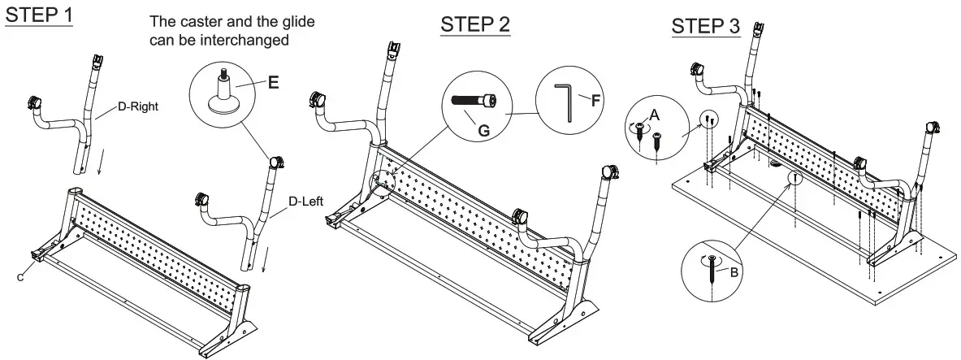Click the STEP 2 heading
click(475, 24)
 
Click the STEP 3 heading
click(705, 26)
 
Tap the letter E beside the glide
click(273, 82)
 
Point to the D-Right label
click(136, 104)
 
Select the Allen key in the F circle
click(567, 103)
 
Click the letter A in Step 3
click(653, 114)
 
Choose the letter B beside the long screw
click(734, 272)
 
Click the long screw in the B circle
click(712, 267)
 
